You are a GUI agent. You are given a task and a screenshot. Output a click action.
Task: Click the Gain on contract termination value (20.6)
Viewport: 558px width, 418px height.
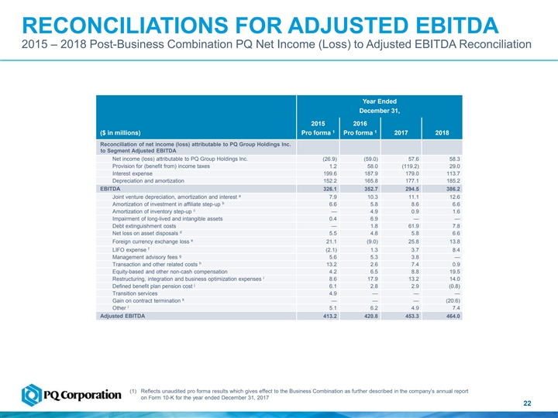[437, 300]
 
